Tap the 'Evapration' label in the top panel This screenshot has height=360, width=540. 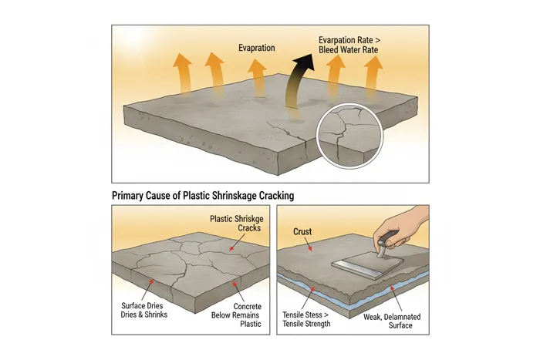click(x=256, y=48)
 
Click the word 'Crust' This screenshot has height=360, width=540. click(x=303, y=231)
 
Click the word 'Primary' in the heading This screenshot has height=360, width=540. click(x=131, y=196)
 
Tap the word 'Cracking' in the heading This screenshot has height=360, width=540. click(x=272, y=196)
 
